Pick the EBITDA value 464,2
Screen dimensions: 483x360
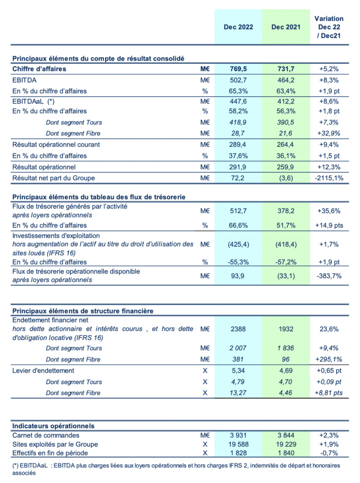pos(285,80)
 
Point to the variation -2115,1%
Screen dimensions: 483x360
pos(329,179)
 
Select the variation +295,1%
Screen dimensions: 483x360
pos(329,360)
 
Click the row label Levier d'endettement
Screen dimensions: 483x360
pos(44,371)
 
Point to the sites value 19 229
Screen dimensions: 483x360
pos(285,444)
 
